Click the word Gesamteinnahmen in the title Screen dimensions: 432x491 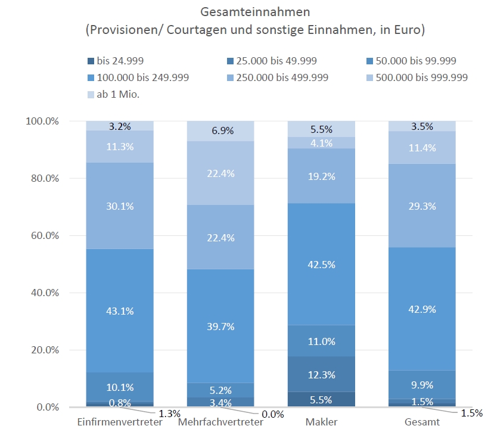(245, 11)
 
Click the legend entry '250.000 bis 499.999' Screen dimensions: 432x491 (282, 77)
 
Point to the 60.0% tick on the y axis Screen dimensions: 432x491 (42, 235)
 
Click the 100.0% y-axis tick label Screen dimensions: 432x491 (42, 121)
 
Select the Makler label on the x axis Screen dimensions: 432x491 (321, 422)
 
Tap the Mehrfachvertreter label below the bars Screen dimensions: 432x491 (220, 422)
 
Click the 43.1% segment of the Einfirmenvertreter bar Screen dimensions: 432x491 (120, 310)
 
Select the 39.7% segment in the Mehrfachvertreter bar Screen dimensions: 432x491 (220, 326)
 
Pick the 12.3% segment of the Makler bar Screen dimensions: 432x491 (321, 375)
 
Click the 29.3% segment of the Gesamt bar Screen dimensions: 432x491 (422, 206)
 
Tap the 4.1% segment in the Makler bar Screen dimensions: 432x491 (321, 143)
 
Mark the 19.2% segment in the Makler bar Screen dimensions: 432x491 (321, 176)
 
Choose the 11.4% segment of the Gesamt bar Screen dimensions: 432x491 (422, 148)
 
